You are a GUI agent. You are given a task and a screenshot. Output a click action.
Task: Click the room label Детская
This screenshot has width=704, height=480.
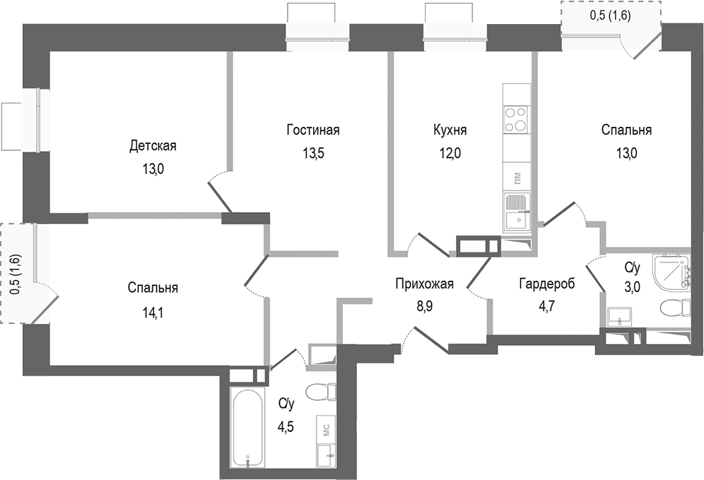[152, 146]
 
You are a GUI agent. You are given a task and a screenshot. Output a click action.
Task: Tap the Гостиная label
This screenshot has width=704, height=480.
[313, 130]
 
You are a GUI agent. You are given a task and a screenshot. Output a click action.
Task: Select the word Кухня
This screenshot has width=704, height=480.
[450, 130]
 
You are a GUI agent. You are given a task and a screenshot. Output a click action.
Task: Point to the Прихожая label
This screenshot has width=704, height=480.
[424, 284]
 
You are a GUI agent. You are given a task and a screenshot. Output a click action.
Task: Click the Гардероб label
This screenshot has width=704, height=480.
[546, 284]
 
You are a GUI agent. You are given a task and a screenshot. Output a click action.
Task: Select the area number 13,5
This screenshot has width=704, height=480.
[313, 152]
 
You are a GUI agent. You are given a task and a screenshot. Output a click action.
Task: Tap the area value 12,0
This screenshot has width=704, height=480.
[450, 152]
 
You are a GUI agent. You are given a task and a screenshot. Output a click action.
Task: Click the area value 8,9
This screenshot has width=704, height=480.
[424, 307]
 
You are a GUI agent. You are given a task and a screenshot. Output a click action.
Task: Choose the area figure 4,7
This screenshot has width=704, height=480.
[546, 307]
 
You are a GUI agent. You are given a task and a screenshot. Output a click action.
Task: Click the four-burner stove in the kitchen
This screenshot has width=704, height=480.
[516, 118]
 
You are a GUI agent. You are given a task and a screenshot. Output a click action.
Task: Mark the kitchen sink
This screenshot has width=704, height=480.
[516, 213]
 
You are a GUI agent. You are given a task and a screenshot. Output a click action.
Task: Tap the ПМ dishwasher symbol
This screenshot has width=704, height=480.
[516, 177]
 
